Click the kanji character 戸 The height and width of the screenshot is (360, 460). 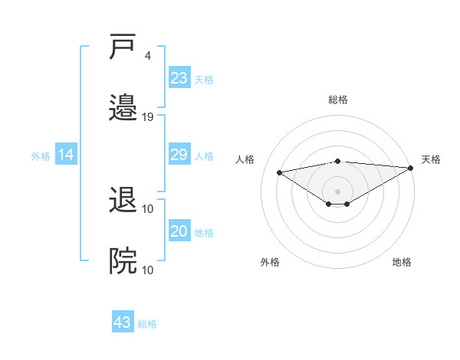point(123,47)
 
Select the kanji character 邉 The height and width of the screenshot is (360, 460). point(123,107)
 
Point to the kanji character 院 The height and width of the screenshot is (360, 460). point(123,260)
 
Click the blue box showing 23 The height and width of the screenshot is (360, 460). point(179,77)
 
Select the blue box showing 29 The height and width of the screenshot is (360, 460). point(179,155)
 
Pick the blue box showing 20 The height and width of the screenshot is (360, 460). point(179,232)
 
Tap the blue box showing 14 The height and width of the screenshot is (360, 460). point(66,155)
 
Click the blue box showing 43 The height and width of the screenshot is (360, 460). point(123,322)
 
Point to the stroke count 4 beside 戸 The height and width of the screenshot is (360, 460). point(147,56)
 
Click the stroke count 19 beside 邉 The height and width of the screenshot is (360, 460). point(148,117)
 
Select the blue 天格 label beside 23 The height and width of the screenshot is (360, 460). point(204,79)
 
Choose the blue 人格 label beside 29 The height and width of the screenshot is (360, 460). point(204,156)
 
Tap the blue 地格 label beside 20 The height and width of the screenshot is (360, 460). point(204,233)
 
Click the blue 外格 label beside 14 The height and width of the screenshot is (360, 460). point(41,156)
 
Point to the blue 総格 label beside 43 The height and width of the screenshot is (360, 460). point(147,324)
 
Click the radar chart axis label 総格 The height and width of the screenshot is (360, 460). point(338,100)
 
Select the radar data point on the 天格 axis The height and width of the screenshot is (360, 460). point(411,168)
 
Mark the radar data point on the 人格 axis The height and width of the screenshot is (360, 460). point(280,172)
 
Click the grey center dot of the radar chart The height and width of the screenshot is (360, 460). point(338,191)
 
